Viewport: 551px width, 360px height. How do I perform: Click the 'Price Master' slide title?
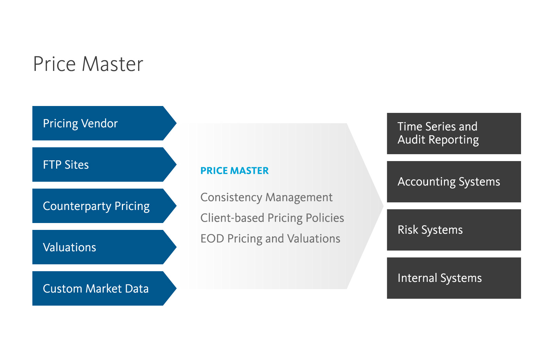click(88, 64)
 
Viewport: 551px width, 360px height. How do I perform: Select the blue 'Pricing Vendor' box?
click(100, 123)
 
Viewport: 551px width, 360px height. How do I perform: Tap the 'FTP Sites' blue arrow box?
click(100, 165)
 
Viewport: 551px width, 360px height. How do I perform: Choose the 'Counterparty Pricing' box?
click(100, 206)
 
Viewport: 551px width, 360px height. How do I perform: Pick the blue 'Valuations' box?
click(100, 247)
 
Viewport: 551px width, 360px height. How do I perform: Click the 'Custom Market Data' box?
click(100, 288)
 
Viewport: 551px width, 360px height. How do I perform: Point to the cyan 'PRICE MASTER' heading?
click(234, 171)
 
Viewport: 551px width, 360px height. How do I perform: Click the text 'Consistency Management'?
click(266, 198)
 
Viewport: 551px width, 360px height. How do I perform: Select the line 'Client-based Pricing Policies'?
click(272, 218)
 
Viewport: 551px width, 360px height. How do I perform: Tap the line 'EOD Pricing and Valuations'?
click(270, 239)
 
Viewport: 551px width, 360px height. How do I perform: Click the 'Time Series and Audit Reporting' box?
click(454, 134)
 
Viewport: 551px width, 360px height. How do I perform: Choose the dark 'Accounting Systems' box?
click(454, 182)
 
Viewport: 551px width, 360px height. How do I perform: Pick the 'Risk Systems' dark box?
click(454, 230)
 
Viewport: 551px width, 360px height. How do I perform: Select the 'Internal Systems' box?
click(454, 278)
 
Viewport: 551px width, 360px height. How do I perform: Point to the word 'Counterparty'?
click(77, 206)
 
